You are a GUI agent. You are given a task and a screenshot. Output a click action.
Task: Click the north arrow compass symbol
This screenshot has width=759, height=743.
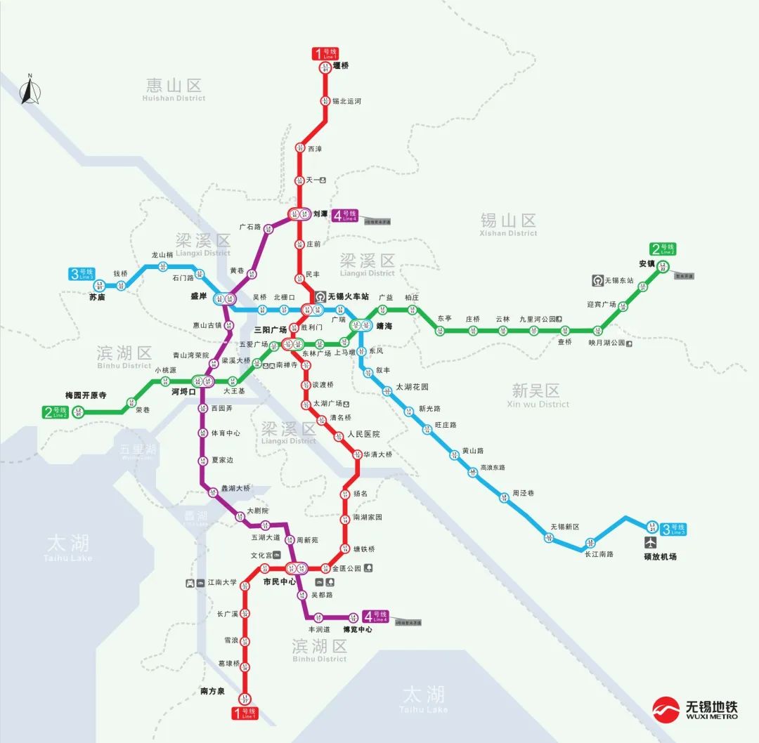[x=29, y=91]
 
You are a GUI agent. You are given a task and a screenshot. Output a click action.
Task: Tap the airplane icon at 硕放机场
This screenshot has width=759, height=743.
[x=651, y=543]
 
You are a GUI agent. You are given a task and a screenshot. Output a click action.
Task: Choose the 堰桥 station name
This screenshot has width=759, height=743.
[x=341, y=66]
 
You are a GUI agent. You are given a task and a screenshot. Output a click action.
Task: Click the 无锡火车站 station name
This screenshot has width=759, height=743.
[x=354, y=296]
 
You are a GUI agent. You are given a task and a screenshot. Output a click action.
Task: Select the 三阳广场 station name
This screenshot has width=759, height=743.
[x=270, y=329]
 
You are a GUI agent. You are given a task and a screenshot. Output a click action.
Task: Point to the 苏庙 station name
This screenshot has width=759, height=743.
[x=97, y=297]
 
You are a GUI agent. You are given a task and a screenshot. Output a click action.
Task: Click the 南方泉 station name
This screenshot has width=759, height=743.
[x=212, y=691]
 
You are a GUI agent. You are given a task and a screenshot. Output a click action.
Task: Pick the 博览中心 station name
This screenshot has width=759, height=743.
[x=357, y=629]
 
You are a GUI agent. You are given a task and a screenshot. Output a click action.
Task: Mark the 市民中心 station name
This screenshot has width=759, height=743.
[x=279, y=581]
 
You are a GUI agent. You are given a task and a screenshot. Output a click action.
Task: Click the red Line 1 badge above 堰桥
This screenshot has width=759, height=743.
[x=325, y=54]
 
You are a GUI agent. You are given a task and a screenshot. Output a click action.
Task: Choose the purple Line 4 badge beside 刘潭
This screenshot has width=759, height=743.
[x=346, y=216]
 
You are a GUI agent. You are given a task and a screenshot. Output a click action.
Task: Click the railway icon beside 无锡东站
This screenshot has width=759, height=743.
[x=597, y=280]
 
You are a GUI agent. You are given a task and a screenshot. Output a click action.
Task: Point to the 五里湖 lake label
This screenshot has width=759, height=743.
[x=138, y=450]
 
